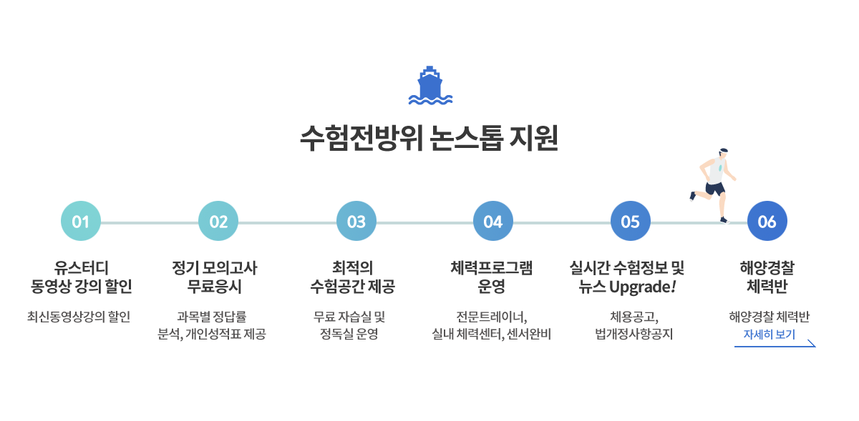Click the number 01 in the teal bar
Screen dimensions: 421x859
[x=80, y=222]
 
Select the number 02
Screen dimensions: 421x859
[x=218, y=222]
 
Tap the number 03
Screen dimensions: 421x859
[x=356, y=222]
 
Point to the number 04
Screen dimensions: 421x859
[x=492, y=222]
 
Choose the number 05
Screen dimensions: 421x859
[x=630, y=222]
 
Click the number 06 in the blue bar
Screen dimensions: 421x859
[x=767, y=222]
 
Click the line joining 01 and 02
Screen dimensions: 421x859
[x=150, y=223]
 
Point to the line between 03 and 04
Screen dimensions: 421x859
[x=424, y=223]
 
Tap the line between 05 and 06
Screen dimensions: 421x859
[x=687, y=223]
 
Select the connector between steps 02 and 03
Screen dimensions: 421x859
[x=287, y=222]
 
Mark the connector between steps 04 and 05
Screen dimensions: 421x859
[x=562, y=222]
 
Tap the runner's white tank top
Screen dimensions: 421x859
[x=716, y=172]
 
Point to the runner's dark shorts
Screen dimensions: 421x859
[x=715, y=189]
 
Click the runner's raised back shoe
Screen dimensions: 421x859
[x=691, y=196]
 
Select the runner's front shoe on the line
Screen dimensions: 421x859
[x=724, y=219]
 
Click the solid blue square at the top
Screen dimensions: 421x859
[x=424, y=85]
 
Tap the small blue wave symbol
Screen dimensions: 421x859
[x=447, y=100]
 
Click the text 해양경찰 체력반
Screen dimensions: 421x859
[x=768, y=317]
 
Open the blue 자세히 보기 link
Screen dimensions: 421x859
[x=769, y=335]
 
